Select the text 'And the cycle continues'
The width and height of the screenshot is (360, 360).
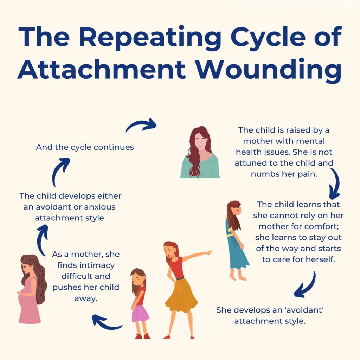(85, 147)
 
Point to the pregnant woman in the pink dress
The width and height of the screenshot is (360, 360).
(31, 288)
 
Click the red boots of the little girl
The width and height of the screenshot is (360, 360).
(142, 336)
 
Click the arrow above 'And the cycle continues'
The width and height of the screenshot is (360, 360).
(141, 124)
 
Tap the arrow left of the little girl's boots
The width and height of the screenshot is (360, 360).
(106, 322)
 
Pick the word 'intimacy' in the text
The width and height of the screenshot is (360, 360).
(97, 265)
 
